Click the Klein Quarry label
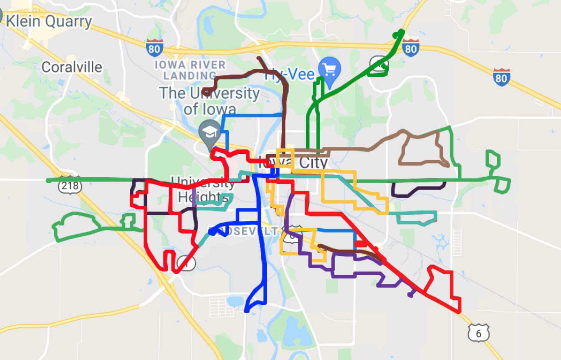point(49,21)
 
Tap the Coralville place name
point(72,67)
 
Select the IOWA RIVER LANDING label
point(190,70)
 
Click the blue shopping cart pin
point(330,70)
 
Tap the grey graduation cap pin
point(210,133)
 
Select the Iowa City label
point(294,162)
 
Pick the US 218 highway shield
point(70,186)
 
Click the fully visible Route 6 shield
point(478,333)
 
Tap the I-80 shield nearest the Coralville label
point(154,48)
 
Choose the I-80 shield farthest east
point(502,78)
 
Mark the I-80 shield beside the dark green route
point(410,48)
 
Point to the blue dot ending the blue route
point(212,231)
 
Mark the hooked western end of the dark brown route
point(206,92)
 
